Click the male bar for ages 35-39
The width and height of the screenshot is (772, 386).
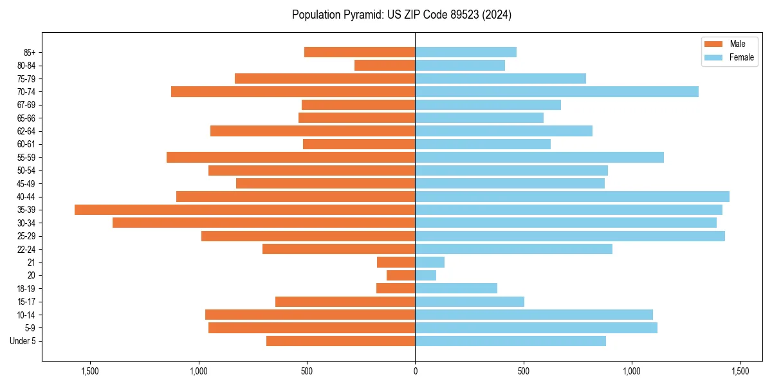(244, 210)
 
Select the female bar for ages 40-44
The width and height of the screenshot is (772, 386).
(572, 196)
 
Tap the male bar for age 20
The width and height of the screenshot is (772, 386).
(401, 275)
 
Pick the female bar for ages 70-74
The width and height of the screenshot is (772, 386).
(556, 91)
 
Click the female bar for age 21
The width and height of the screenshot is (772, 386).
(430, 262)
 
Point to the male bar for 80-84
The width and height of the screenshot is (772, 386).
(385, 65)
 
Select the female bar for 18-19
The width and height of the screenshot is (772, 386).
(456, 288)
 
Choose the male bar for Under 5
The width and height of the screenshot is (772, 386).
(340, 341)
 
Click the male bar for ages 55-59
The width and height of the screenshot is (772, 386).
(291, 157)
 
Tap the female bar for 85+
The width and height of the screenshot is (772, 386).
(466, 52)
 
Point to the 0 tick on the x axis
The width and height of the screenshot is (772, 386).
(415, 371)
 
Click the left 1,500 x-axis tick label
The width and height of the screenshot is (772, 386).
(90, 371)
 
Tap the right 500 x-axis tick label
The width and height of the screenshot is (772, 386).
(524, 371)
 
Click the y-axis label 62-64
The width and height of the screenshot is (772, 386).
(26, 131)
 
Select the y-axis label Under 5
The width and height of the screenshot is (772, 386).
(23, 341)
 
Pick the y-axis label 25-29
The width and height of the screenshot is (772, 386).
(26, 236)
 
